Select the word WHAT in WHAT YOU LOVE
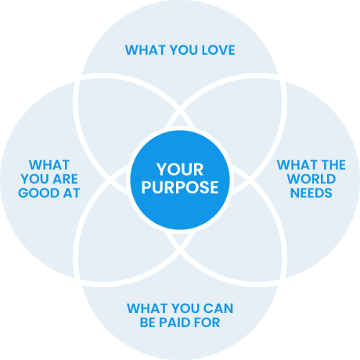[146, 50]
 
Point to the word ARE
[66, 179]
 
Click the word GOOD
[38, 193]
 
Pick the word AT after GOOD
[71, 193]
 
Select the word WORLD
[311, 179]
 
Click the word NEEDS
[311, 193]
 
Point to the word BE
[148, 322]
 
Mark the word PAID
[173, 322]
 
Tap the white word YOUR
[180, 170]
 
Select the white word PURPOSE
[180, 187]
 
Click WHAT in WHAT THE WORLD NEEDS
[297, 165]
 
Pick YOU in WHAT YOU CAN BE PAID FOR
[185, 308]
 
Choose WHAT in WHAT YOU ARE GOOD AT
[49, 165]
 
